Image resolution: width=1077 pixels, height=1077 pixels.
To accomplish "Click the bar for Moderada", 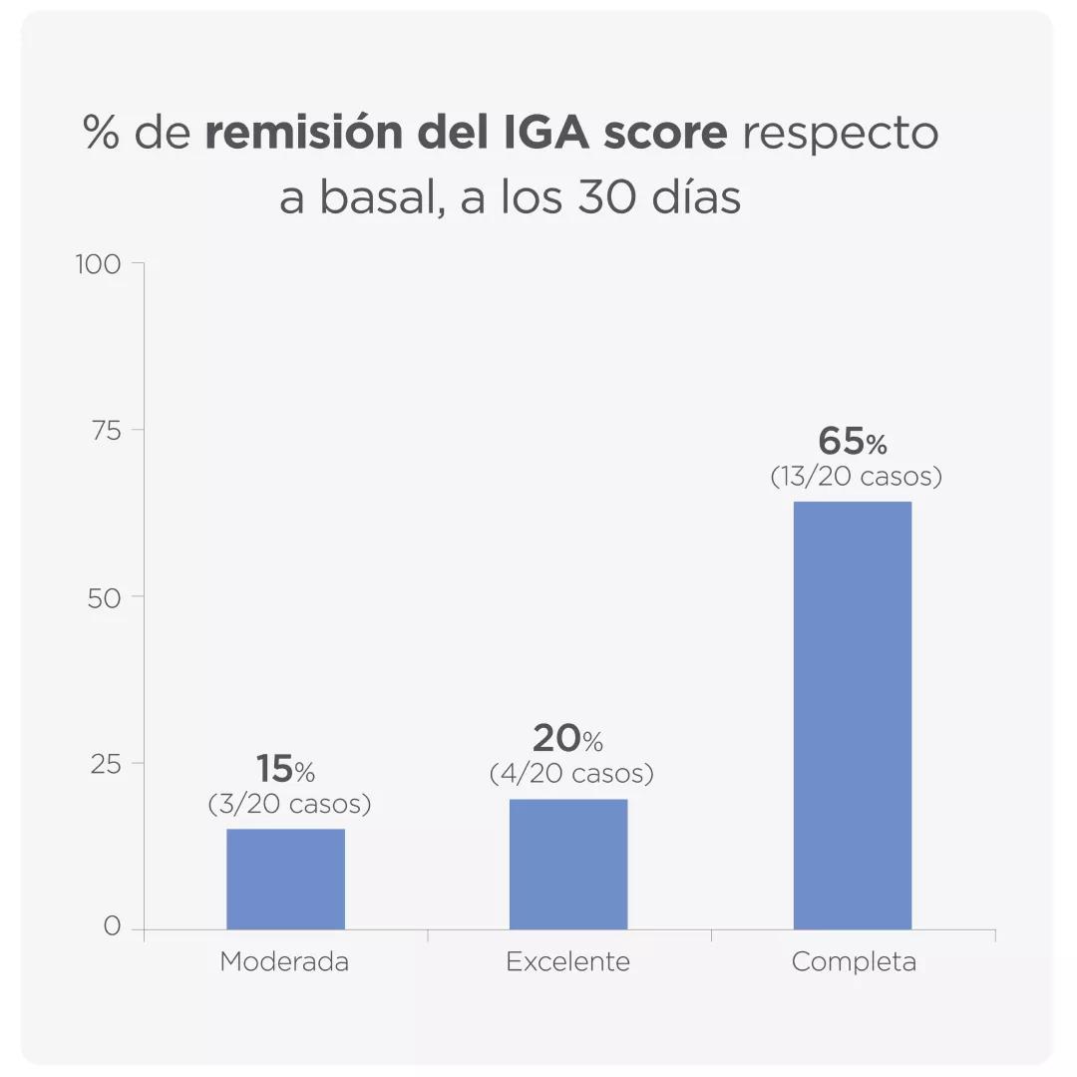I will pyautogui.click(x=285, y=879).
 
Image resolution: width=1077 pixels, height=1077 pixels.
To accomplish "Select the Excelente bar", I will pyautogui.click(x=568, y=864).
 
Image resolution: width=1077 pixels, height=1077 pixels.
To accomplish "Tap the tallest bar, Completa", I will pyautogui.click(x=853, y=715).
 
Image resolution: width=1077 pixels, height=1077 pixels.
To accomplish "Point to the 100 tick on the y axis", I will pyautogui.click(x=98, y=264).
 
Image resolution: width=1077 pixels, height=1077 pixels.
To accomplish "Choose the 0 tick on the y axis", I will pyautogui.click(x=111, y=927).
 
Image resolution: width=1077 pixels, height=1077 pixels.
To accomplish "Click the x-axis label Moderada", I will pyautogui.click(x=284, y=962).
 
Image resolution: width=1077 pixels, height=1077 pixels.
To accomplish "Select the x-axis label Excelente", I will pyautogui.click(x=568, y=962).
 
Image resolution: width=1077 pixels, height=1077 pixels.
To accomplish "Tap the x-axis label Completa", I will pyautogui.click(x=854, y=962).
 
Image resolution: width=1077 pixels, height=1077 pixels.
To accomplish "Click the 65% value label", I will pyautogui.click(x=853, y=441).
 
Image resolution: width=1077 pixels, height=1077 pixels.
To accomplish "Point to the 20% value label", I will pyautogui.click(x=567, y=739).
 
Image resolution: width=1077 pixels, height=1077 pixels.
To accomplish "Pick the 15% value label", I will pyautogui.click(x=285, y=769).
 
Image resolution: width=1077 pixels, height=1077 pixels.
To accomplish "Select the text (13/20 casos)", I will pyautogui.click(x=856, y=477).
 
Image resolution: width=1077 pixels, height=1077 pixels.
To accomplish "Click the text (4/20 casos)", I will pyautogui.click(x=571, y=773).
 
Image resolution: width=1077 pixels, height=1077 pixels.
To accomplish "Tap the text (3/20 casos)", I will pyautogui.click(x=289, y=804).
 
